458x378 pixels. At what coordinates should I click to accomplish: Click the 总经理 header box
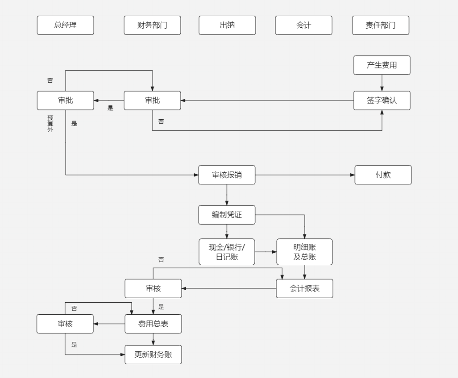(65, 25)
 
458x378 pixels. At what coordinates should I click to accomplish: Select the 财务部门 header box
(152, 25)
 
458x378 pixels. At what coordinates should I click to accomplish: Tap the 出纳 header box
(227, 25)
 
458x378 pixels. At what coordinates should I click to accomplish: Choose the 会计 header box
(304, 25)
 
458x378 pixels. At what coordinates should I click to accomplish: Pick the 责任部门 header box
(380, 25)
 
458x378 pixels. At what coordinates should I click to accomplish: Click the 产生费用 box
(382, 65)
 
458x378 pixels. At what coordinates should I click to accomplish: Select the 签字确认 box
(382, 100)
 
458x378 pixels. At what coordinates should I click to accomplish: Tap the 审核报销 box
(226, 175)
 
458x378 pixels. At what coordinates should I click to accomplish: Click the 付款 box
(383, 175)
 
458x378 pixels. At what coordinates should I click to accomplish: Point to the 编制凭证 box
(226, 215)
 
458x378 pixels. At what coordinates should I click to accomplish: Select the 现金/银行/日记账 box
(226, 252)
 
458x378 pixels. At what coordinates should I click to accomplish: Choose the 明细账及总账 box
(304, 252)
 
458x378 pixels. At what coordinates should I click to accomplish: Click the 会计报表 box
(304, 289)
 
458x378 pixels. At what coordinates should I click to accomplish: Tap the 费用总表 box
(153, 324)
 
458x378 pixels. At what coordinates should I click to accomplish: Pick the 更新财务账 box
(153, 355)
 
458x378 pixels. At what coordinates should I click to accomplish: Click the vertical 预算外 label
(50, 124)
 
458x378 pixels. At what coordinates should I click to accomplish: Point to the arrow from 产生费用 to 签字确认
(382, 83)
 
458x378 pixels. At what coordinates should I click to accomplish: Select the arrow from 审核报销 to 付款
(305, 175)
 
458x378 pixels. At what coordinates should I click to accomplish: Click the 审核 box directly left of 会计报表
(153, 289)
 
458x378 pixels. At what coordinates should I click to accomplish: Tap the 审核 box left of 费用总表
(65, 324)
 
